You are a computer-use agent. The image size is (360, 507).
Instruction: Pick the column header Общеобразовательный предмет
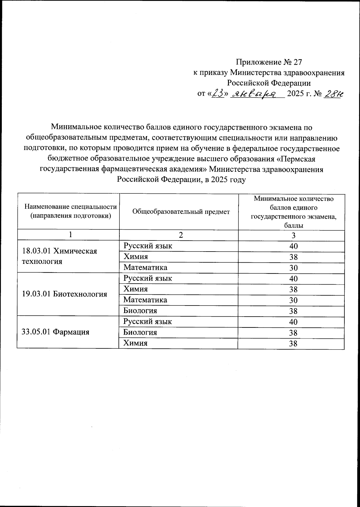[x=181, y=212]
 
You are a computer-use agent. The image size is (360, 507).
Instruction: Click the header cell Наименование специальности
[x=70, y=207]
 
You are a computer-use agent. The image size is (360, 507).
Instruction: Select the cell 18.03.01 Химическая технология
[x=60, y=256]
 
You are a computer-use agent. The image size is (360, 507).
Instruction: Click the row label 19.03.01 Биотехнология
[x=64, y=294]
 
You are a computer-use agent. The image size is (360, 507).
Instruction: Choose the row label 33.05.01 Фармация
[x=56, y=332]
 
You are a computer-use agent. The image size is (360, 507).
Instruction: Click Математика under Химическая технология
[x=145, y=267]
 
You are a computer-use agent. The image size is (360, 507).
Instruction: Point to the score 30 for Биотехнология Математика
[x=293, y=300]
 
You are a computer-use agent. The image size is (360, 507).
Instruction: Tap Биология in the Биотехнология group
[x=140, y=311]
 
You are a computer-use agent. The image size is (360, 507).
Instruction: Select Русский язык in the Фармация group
[x=148, y=322]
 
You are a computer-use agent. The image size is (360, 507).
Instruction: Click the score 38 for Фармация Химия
[x=293, y=344]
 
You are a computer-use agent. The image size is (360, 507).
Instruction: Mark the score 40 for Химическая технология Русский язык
[x=293, y=246]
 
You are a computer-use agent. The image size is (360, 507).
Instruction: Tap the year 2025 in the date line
[x=296, y=94]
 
